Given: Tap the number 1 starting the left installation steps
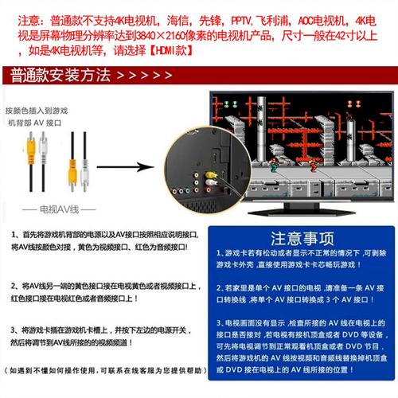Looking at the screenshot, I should pyautogui.click(x=14, y=236).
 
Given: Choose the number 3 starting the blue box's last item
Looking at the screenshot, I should pyautogui.click(x=219, y=323).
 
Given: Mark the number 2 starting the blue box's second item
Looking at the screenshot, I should pyautogui.click(x=219, y=283).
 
